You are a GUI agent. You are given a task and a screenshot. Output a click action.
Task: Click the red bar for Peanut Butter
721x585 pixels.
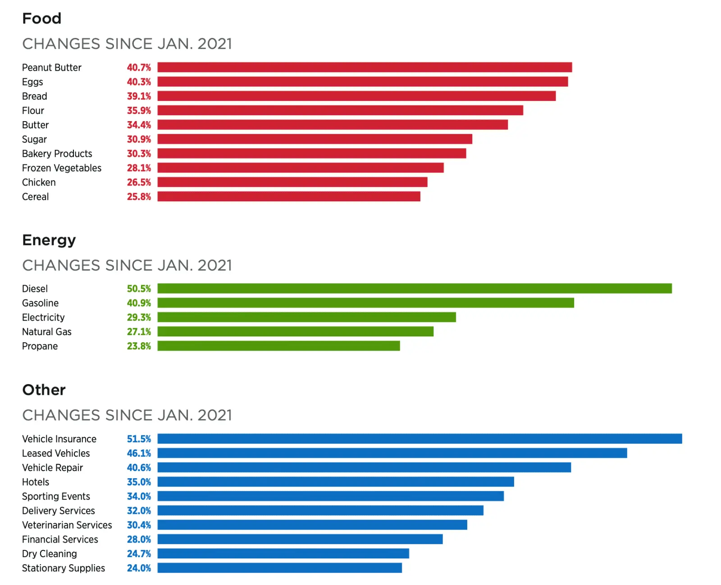pyautogui.click(x=365, y=68)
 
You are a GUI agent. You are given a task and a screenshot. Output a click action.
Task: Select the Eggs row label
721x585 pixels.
pyautogui.click(x=32, y=82)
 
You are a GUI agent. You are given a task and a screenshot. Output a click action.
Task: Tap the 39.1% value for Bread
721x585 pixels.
pyautogui.click(x=139, y=96)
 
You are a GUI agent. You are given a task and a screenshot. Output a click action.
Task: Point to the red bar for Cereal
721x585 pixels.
pyautogui.click(x=289, y=197)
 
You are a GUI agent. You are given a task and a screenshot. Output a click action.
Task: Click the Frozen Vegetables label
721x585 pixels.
pyautogui.click(x=62, y=168)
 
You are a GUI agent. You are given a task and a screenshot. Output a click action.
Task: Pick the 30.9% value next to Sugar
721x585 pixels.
pyautogui.click(x=139, y=140)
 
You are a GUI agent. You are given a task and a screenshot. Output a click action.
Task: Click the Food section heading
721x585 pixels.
pyautogui.click(x=42, y=18)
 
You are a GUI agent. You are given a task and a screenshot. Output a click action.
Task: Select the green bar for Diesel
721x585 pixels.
pyautogui.click(x=415, y=289)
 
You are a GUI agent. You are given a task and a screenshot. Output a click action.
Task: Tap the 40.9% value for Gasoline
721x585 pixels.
pyautogui.click(x=139, y=303)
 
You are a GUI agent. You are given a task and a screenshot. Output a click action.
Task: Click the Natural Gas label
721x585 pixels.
pyautogui.click(x=47, y=332)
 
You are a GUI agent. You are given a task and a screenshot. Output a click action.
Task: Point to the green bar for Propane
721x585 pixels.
pyautogui.click(x=278, y=346)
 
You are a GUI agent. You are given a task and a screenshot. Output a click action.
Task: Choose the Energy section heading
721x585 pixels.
pyautogui.click(x=49, y=240)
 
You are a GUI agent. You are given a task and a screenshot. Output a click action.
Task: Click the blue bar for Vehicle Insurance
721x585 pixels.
pyautogui.click(x=420, y=439)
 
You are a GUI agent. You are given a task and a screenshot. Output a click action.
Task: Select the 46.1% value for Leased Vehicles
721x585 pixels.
pyautogui.click(x=139, y=453)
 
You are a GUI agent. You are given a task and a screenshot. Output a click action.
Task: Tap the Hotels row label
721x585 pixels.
pyautogui.click(x=36, y=482)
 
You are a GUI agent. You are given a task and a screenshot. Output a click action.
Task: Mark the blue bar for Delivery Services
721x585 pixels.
pyautogui.click(x=320, y=511)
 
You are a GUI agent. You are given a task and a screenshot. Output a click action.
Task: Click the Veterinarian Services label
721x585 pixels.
pyautogui.click(x=67, y=525)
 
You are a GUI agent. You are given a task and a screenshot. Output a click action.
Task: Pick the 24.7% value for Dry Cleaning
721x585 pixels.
pyautogui.click(x=139, y=554)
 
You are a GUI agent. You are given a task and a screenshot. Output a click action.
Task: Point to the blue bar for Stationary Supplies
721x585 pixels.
pyautogui.click(x=279, y=568)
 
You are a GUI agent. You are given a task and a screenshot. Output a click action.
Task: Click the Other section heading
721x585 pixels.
pyautogui.click(x=44, y=390)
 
